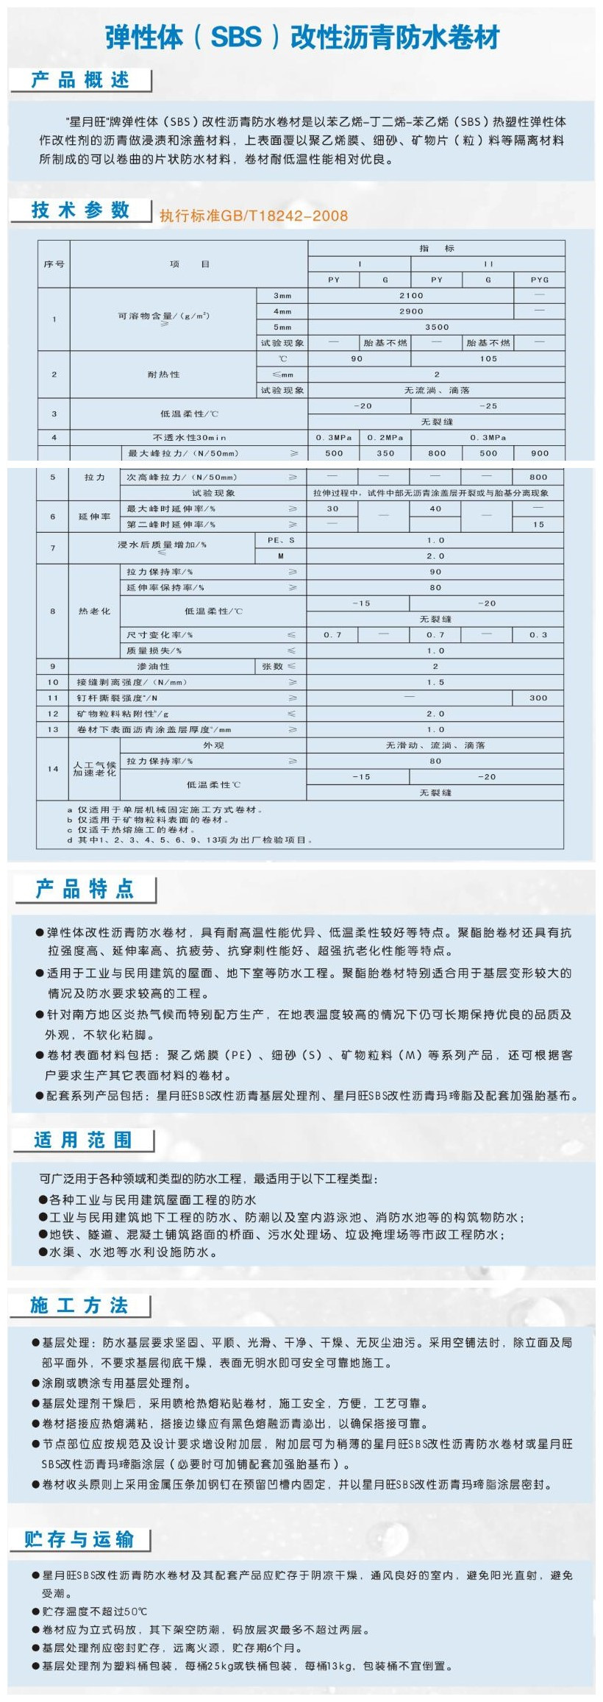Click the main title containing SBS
(x=302, y=37)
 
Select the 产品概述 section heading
(x=80, y=80)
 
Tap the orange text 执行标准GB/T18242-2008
(x=254, y=216)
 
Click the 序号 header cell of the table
(x=54, y=264)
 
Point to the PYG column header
(x=539, y=280)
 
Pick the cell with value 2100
(x=411, y=296)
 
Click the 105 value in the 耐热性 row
(x=488, y=359)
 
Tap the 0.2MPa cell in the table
(x=385, y=438)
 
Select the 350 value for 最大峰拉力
(x=385, y=453)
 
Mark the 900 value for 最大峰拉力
(x=539, y=453)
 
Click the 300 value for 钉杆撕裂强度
(x=539, y=698)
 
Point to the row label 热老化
(x=94, y=611)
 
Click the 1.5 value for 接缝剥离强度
(x=436, y=682)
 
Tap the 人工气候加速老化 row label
(x=94, y=769)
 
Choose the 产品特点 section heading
(x=85, y=889)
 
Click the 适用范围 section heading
(x=83, y=1140)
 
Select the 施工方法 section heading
(x=79, y=1305)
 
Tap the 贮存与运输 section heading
(x=79, y=1539)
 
